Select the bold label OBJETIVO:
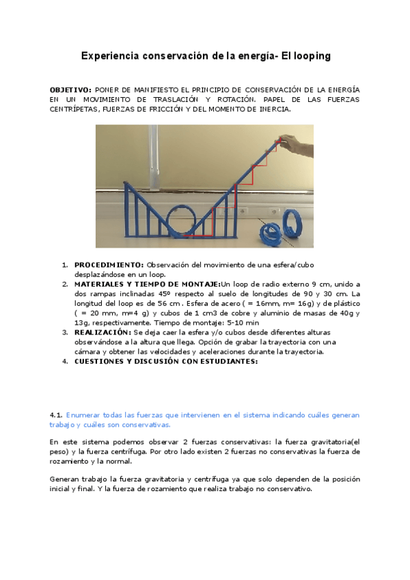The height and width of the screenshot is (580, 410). click(70, 90)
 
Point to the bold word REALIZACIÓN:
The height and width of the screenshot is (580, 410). click(102, 332)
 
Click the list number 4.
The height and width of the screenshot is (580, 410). click(65, 362)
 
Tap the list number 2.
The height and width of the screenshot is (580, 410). click(65, 284)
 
